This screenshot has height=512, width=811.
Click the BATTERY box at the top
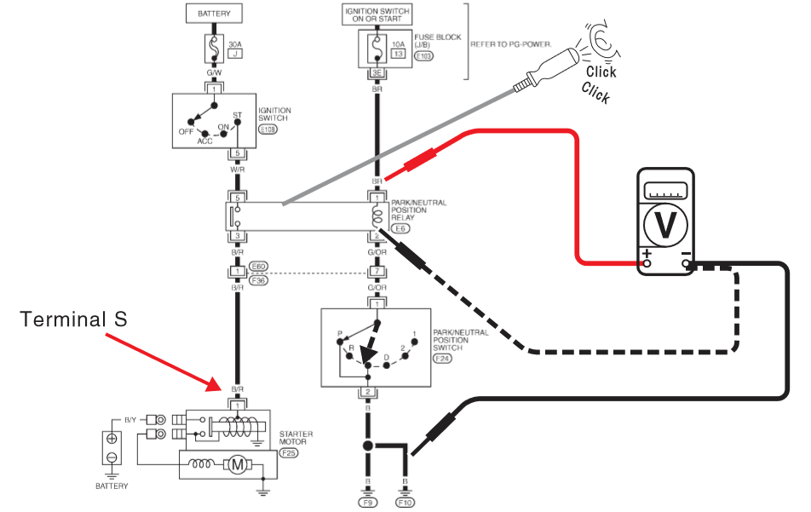click(x=214, y=14)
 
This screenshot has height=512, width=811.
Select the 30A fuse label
click(x=235, y=43)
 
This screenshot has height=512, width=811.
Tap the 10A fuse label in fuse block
click(x=397, y=43)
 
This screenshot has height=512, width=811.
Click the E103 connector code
click(x=423, y=56)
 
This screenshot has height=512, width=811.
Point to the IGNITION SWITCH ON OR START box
click(x=376, y=14)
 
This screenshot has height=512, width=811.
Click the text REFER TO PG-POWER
click(x=508, y=43)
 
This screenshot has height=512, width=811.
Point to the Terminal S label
click(x=73, y=319)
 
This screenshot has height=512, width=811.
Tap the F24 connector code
click(x=443, y=359)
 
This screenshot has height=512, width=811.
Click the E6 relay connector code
click(x=400, y=227)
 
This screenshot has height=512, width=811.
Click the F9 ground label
click(x=367, y=503)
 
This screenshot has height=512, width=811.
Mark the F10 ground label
click(x=406, y=503)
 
